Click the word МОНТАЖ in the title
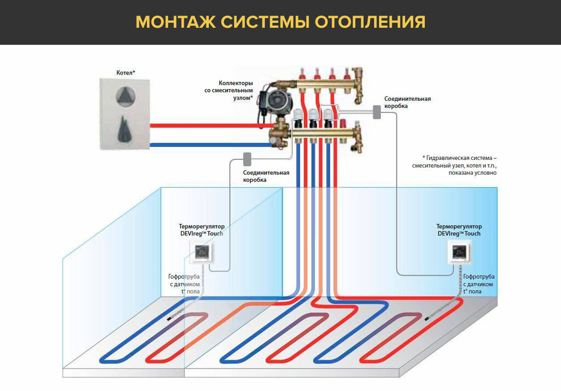click(x=174, y=22)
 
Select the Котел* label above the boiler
click(x=125, y=72)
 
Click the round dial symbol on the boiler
click(x=125, y=96)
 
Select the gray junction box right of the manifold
click(x=377, y=112)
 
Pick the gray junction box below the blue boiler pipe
click(x=247, y=159)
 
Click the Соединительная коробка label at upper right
click(x=407, y=102)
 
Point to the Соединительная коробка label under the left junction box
click(x=266, y=176)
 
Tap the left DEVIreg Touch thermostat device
click(x=202, y=254)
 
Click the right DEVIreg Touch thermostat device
click(x=459, y=253)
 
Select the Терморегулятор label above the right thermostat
click(x=459, y=226)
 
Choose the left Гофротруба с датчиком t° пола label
click(x=185, y=284)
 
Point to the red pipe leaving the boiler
click(x=208, y=125)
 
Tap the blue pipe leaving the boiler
click(x=208, y=145)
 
